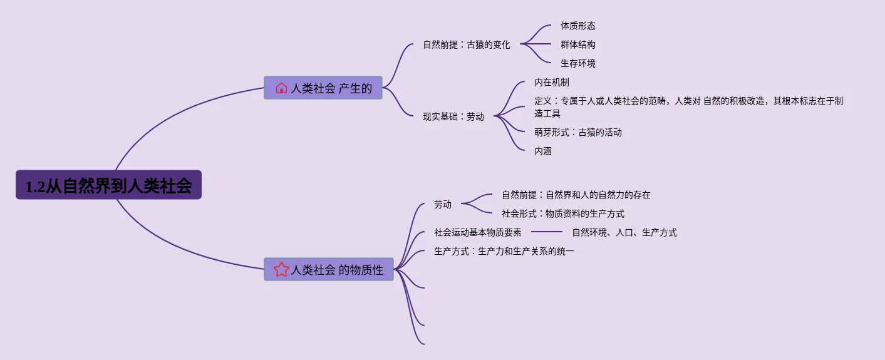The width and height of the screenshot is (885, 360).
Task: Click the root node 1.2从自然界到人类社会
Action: [108, 185]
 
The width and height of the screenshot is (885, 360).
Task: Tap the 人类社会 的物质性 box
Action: [329, 269]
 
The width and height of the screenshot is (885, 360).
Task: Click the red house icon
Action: [281, 88]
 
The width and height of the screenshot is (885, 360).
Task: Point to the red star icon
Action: [281, 269]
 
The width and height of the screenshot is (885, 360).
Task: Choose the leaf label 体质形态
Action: [577, 26]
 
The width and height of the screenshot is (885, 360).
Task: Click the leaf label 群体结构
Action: [577, 45]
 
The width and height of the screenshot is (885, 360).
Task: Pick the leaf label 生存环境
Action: [577, 64]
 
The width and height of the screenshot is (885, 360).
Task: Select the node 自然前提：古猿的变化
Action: [466, 45]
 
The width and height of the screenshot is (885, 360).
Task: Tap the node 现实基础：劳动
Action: [453, 116]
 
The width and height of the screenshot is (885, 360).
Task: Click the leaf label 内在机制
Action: [551, 83]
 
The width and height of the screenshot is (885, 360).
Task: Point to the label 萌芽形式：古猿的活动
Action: [577, 133]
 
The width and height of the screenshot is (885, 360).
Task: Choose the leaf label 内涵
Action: [542, 152]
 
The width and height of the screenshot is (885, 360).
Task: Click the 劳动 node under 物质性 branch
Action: [442, 204]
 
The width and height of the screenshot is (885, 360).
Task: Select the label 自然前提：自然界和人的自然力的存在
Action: [576, 195]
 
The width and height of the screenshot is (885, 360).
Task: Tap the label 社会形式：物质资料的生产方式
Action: [562, 214]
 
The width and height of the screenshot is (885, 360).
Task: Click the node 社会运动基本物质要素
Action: [477, 233]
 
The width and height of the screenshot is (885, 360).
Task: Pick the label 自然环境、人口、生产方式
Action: [624, 233]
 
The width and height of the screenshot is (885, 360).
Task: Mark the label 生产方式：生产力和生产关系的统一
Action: [504, 252]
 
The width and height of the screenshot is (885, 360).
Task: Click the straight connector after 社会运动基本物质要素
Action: [546, 232]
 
